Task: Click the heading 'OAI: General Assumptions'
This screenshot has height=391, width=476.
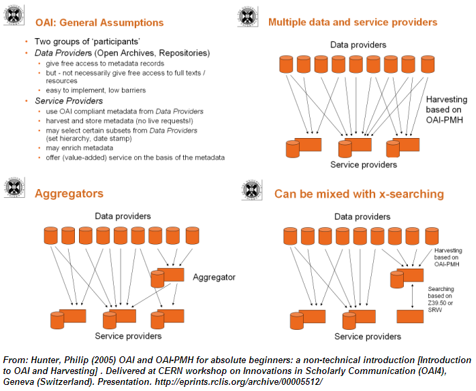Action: point(99,22)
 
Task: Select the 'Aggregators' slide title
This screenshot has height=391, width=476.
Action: point(69,194)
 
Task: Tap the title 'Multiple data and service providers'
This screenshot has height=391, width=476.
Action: point(353,22)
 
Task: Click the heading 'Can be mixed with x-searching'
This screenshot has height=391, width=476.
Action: point(359,194)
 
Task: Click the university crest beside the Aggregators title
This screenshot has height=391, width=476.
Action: point(15,188)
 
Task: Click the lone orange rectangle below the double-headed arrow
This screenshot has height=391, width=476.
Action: point(411,317)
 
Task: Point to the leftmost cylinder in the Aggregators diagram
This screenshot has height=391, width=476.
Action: point(50,235)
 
